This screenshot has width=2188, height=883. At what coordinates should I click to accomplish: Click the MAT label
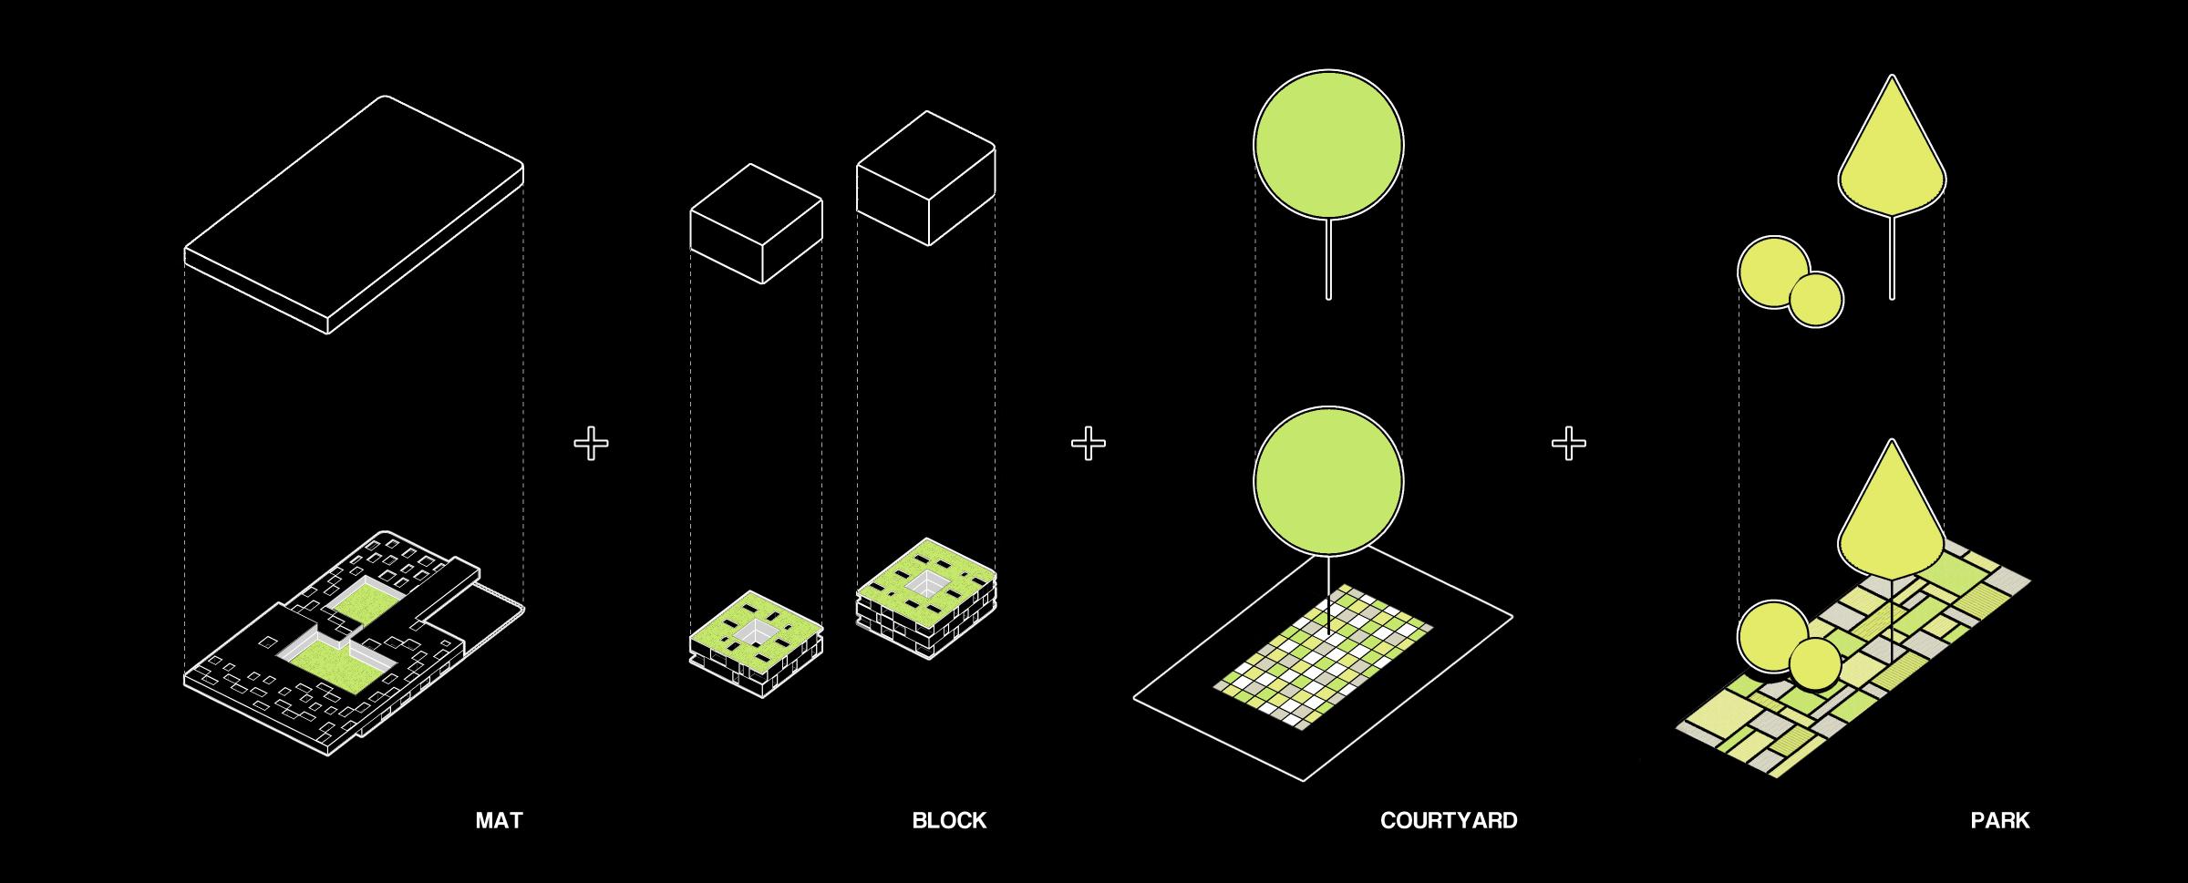(499, 820)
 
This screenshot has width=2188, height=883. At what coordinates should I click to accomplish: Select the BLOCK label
(949, 820)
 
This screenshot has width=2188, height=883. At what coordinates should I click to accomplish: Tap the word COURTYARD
(1448, 820)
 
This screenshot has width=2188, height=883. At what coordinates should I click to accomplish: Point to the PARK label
(1999, 820)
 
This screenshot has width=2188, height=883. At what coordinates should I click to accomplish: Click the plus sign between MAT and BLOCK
(591, 444)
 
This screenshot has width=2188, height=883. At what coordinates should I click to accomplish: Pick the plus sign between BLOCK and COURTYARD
(1088, 444)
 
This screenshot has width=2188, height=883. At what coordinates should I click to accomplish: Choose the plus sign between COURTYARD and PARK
(1568, 444)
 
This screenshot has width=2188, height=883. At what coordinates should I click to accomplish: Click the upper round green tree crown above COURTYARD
(1328, 144)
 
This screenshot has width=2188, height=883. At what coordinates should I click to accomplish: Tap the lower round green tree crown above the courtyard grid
(1328, 481)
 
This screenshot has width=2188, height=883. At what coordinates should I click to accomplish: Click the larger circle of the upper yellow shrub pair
(1772, 271)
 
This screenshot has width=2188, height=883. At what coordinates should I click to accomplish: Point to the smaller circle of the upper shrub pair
(1816, 300)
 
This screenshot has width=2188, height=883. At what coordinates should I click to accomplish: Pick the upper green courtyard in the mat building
(365, 601)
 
